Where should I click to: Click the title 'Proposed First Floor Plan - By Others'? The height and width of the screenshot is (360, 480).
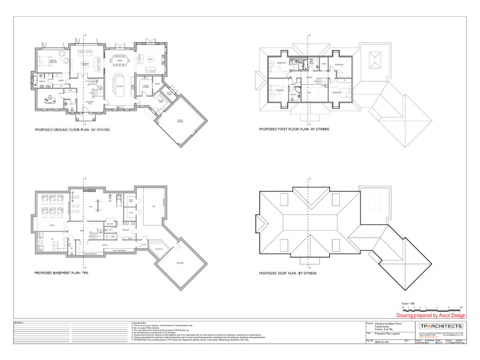[x=294, y=130]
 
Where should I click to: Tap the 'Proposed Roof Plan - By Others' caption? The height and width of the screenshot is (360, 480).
[x=287, y=274]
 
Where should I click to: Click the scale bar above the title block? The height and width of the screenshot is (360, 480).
[x=432, y=308]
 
